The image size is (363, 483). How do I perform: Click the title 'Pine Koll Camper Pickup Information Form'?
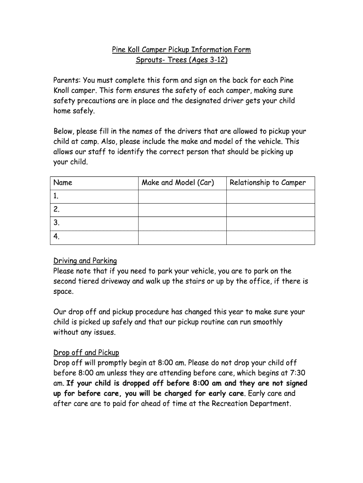coord(181,50)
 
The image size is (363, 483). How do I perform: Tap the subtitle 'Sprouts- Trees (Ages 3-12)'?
coord(181,60)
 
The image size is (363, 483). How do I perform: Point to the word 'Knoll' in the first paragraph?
coord(63,91)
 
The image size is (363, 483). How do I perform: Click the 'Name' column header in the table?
coord(63,183)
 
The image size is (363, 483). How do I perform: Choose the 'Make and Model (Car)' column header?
coord(178,183)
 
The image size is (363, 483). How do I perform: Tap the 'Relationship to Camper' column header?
coord(267,183)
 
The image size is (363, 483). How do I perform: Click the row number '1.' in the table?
coord(56,196)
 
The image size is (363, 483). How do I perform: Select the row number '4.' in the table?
coord(57,237)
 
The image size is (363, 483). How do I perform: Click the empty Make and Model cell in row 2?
coord(182,210)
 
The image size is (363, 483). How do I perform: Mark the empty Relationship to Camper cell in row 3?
coord(270,224)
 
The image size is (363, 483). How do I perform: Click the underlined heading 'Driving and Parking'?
coord(85,261)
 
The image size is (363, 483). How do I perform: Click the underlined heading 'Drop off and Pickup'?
coord(86,352)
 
